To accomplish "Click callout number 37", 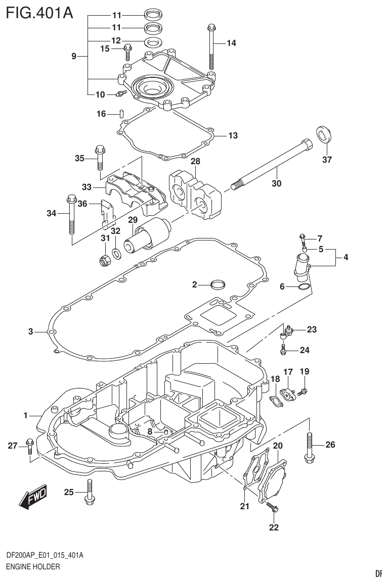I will [x=327, y=160].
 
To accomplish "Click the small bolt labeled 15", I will [x=127, y=53].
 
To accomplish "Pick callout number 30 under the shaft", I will [x=276, y=183].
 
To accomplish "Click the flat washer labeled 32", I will [x=116, y=252].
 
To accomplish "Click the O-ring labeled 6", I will [x=304, y=287].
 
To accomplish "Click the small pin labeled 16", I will [x=121, y=114].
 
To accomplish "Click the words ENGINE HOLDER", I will [x=33, y=567].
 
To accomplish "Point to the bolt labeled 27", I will [x=30, y=446].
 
